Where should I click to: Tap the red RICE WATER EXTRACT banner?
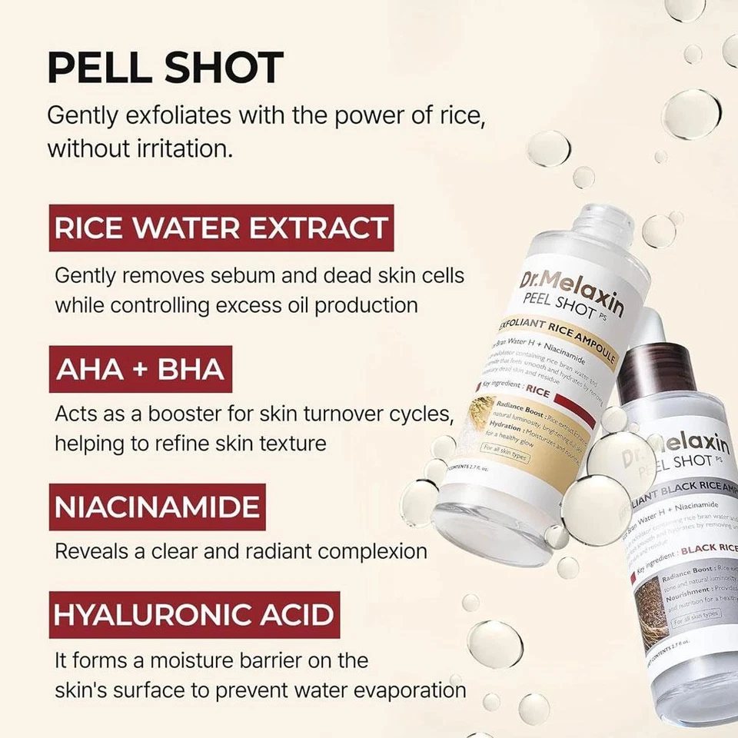pos(221,228)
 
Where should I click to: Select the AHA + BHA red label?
pos(140,368)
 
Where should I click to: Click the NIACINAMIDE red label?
pos(157,507)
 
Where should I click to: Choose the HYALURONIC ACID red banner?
pos(194,614)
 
